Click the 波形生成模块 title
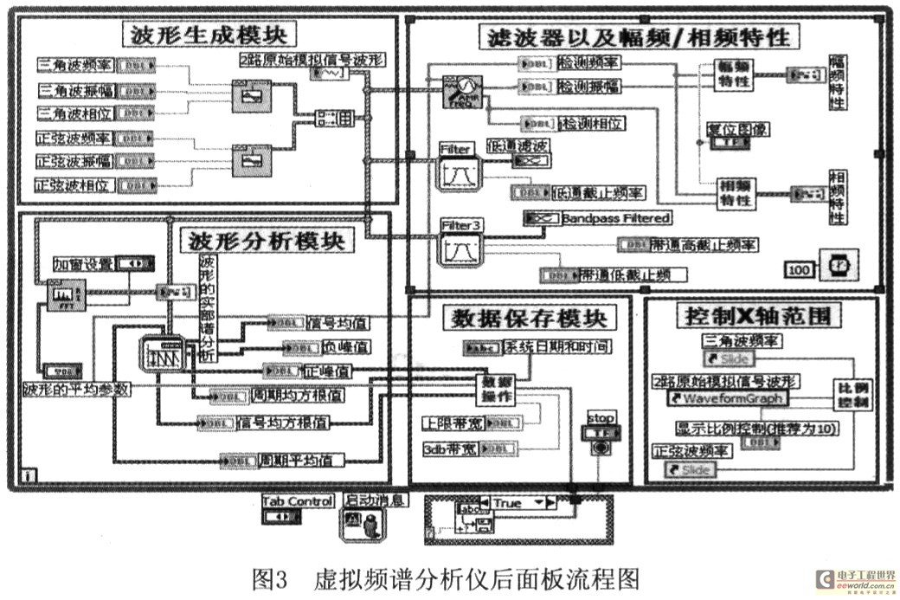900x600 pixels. (x=209, y=35)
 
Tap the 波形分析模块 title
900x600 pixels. (x=267, y=240)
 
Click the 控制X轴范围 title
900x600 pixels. (x=761, y=315)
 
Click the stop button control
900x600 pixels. (x=601, y=433)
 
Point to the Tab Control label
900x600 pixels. (x=297, y=501)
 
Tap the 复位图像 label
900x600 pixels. (x=739, y=129)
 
